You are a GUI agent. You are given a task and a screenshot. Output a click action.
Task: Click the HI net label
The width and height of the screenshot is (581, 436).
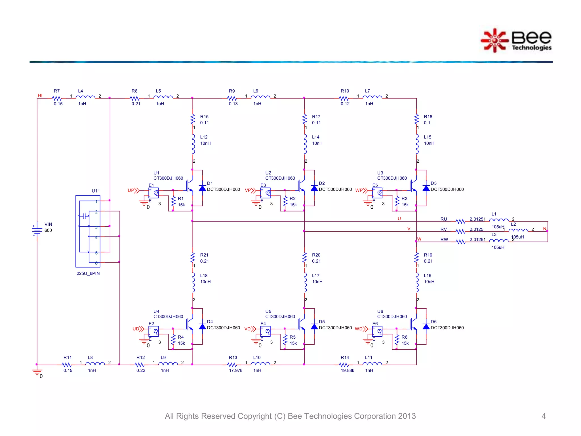click(40, 95)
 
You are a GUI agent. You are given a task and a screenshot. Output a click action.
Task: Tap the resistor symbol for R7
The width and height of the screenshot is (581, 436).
click(57, 98)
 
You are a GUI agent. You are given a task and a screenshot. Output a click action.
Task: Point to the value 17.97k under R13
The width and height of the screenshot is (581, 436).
click(235, 370)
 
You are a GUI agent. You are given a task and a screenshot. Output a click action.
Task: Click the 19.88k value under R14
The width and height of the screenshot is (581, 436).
click(347, 370)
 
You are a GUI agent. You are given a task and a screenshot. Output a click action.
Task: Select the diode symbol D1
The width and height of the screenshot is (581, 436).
click(202, 188)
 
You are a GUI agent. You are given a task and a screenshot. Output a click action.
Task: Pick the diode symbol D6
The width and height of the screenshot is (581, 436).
click(426, 326)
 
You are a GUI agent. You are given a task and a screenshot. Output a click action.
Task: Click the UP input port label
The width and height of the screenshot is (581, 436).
click(131, 190)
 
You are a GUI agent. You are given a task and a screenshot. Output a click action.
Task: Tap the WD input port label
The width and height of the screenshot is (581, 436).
click(359, 329)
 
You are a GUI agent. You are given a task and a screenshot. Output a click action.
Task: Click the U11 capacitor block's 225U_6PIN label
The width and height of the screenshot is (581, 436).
click(88, 273)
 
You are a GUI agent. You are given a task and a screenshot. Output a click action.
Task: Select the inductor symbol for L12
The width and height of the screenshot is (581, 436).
click(193, 144)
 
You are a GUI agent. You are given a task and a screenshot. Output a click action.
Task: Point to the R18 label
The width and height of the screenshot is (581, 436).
click(428, 117)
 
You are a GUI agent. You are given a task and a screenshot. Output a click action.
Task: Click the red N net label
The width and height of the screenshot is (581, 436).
click(544, 229)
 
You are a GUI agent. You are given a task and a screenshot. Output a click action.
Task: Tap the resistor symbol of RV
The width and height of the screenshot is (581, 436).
click(460, 232)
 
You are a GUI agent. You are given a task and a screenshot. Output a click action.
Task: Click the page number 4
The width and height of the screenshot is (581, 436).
click(543, 416)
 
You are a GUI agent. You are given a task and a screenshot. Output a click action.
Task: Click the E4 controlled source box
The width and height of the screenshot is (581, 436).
click(266, 331)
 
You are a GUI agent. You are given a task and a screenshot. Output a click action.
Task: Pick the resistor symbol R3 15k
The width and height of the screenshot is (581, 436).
click(397, 202)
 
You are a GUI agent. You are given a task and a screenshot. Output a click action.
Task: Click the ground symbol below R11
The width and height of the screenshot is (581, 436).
click(37, 372)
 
